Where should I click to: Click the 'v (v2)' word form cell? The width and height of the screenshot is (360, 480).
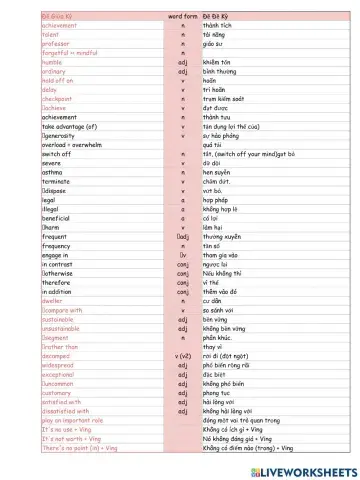(183, 356)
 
